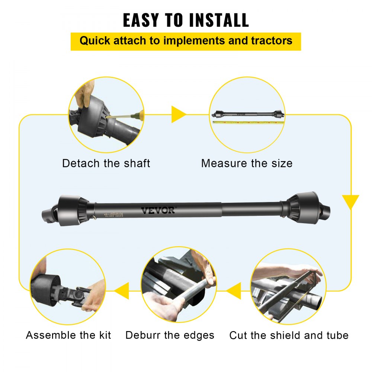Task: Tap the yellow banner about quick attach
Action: tap(186, 41)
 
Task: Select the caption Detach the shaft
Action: tap(106, 163)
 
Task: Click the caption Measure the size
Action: tap(247, 163)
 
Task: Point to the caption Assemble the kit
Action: tap(68, 335)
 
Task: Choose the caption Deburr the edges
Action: tap(170, 335)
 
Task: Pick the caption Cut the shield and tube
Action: tap(289, 335)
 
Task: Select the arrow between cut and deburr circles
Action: tap(234, 291)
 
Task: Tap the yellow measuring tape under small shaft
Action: tap(247, 122)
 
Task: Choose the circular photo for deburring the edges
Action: tap(179, 285)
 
